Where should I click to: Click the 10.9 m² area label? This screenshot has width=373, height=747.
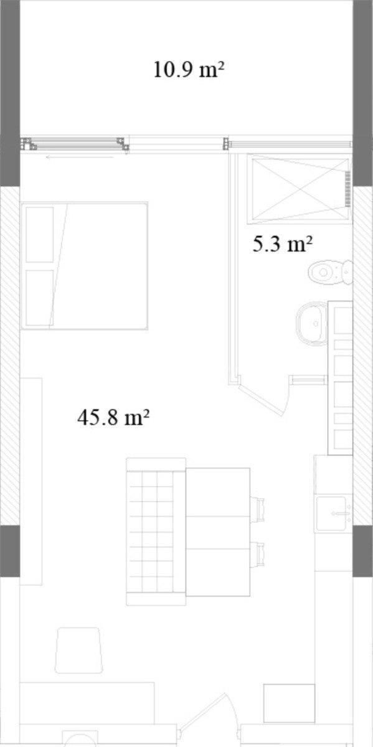click(189, 70)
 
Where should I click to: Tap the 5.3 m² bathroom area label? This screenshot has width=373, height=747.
click(282, 244)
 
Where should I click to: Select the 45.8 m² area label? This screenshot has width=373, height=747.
click(113, 417)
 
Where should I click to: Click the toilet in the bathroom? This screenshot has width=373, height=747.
click(330, 272)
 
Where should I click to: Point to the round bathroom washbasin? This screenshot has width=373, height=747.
click(312, 324)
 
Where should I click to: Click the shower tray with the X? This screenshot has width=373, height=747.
click(300, 189)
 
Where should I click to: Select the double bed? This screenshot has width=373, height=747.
click(84, 266)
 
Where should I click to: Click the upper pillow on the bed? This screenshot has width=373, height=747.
click(40, 235)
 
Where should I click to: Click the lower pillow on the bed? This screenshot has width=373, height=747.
click(40, 298)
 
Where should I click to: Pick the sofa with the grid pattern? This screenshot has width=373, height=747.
click(156, 532)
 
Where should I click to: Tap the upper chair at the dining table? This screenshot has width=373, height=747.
click(257, 508)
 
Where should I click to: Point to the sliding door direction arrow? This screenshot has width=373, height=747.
click(80, 157)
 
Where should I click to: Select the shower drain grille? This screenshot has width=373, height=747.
click(348, 189)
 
